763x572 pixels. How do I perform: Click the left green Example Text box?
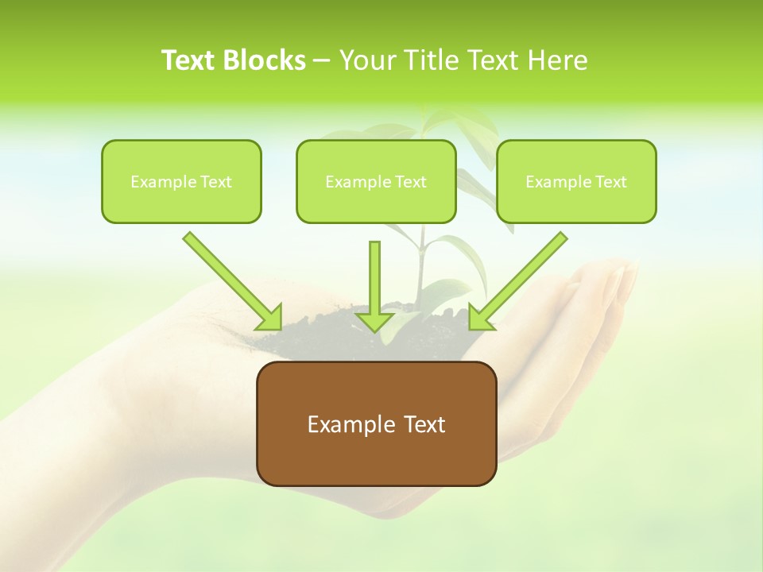pos(181,181)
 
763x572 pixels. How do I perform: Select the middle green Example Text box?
pos(376,181)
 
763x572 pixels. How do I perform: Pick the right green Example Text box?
pos(576,181)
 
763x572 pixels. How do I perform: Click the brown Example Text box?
pos(376,423)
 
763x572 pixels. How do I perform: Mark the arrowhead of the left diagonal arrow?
pos(270,318)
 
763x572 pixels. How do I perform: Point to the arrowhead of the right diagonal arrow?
pos(479,318)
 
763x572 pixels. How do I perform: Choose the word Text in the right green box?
pos(611,182)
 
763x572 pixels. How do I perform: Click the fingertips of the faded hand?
pos(624,278)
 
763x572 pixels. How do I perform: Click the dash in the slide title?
pos(322,61)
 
